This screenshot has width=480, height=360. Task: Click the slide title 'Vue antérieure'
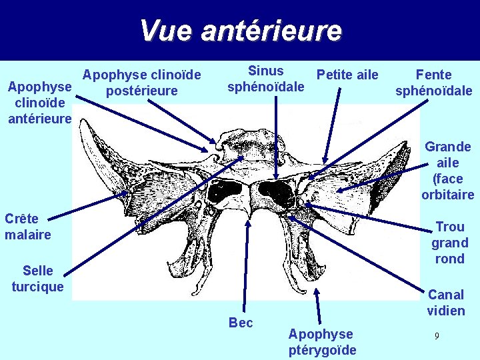[240, 30]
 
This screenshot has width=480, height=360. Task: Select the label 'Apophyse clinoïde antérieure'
[39, 103]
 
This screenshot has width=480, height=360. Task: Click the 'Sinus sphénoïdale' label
[265, 79]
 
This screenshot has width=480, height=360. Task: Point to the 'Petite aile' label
[347, 74]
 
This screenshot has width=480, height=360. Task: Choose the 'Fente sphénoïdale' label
[433, 83]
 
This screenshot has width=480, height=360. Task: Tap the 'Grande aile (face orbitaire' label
[447, 171]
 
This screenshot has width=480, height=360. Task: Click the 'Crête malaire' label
[28, 227]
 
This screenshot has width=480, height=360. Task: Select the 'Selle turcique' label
[38, 279]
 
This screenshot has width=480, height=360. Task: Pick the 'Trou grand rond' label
[449, 243]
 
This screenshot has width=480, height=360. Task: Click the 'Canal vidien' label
[446, 302]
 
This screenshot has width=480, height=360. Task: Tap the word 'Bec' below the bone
[241, 323]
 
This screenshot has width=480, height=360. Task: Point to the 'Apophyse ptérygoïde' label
[322, 342]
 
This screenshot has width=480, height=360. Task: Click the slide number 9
[436, 336]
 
